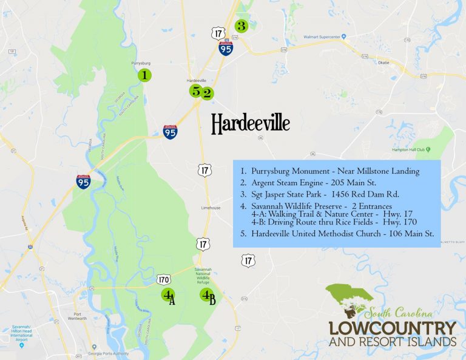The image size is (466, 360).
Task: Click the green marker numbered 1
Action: pos(144,75)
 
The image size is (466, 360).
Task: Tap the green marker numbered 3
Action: pos(241,26)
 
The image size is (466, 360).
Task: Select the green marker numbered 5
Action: pos(195,91)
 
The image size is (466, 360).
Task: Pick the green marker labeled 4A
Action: pos(167,295)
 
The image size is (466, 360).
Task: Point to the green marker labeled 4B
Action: pos(206,296)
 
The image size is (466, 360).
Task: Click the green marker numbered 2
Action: pos(207,93)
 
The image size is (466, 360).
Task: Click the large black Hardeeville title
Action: pos(250,124)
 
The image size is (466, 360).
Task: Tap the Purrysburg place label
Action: pos(140,63)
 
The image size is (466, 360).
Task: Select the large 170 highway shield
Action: pos(163,280)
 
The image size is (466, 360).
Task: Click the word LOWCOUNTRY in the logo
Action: pos(392,329)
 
